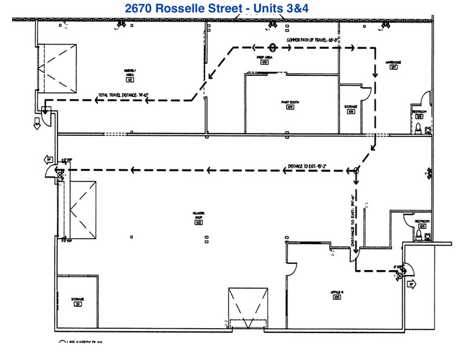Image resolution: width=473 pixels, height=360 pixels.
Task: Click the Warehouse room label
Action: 393,64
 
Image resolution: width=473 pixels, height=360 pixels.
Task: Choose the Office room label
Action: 336,294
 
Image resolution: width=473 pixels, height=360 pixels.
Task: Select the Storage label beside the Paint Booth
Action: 351,109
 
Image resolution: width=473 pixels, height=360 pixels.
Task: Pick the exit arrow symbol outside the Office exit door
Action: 411,283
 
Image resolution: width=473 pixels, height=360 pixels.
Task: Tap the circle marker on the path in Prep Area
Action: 273,47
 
